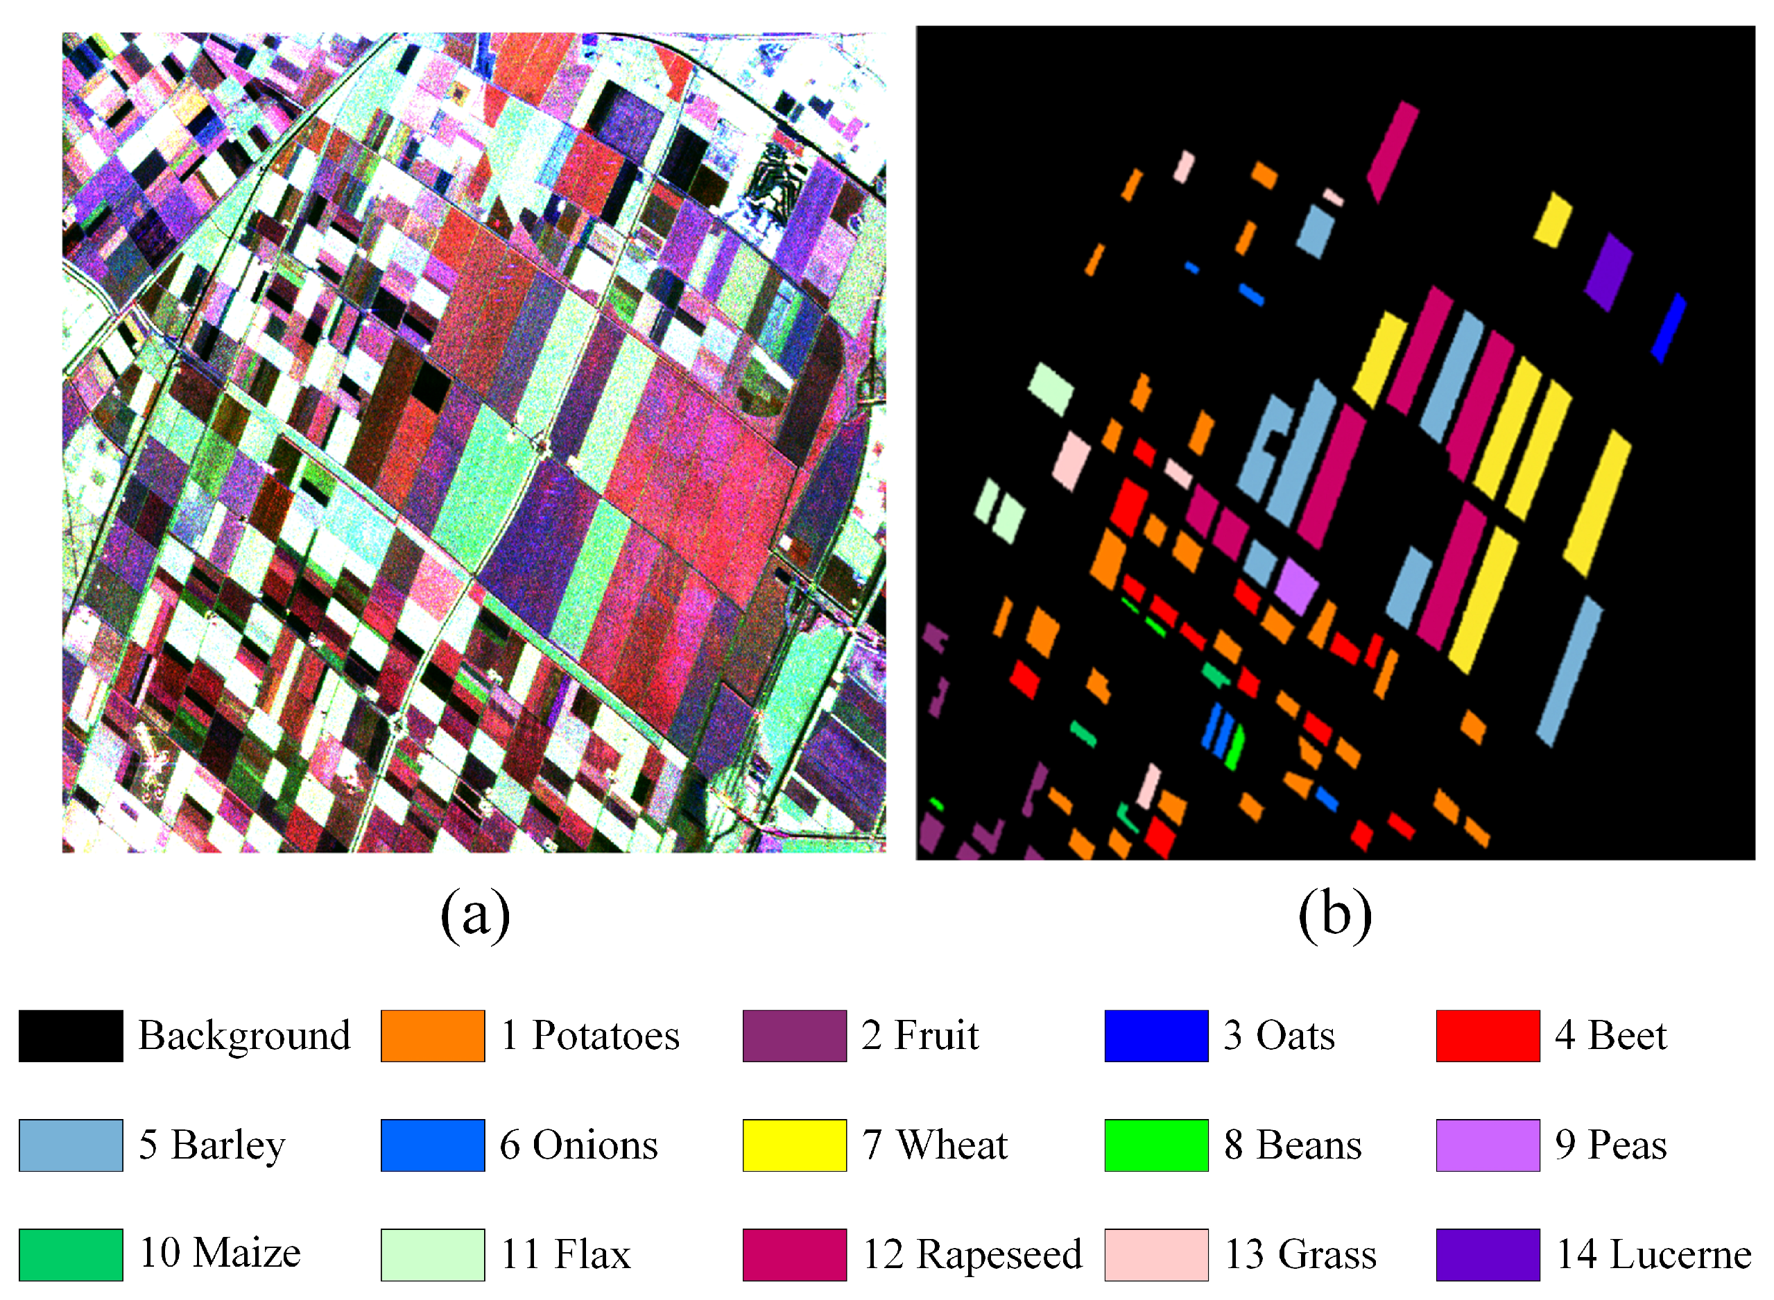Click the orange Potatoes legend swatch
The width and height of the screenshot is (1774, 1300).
point(432,1036)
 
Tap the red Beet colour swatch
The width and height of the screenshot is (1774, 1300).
point(1487,1036)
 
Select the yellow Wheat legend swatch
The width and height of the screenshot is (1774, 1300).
point(794,1145)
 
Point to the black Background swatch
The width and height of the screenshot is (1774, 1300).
point(71,1036)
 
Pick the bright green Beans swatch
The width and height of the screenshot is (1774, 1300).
point(1155,1145)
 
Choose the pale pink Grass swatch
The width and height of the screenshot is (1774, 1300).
point(1155,1254)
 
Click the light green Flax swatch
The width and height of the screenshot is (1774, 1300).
point(432,1254)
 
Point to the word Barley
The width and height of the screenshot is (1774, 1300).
point(228,1145)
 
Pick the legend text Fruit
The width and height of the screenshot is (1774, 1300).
point(936,1036)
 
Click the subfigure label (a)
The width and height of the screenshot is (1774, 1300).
point(474,915)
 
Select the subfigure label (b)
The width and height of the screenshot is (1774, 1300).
point(1335,915)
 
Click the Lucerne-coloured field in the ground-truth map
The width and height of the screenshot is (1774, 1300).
point(1607,272)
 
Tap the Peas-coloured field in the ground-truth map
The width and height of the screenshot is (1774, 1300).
point(1295,584)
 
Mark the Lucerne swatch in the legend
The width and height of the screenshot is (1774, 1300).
point(1487,1254)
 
